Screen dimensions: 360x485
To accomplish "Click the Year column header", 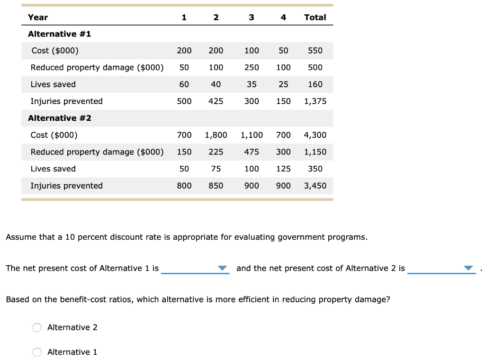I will pos(38,18).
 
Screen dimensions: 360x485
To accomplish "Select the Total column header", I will pos(315,18).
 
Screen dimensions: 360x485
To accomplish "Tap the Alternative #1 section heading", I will pos(60,34).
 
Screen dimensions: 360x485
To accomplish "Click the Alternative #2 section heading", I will pos(60,118).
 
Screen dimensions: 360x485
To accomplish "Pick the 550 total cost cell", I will pos(315,51).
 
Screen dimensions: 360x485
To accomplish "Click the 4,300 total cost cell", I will pos(315,135).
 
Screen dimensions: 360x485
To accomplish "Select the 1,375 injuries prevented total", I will pos(315,101).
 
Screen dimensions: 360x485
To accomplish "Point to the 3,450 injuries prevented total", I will pos(315,186).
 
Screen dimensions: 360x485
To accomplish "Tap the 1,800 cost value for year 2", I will pos(216,135).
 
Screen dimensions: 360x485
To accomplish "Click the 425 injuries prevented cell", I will pos(216,101).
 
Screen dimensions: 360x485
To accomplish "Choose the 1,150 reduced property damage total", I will pos(315,152).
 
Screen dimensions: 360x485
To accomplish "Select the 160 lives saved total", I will pos(315,84).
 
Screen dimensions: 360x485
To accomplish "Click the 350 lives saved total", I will pos(315,169).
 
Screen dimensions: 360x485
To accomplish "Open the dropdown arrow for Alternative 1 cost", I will pos(223,269).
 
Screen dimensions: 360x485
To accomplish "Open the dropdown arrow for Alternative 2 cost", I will pos(468,269).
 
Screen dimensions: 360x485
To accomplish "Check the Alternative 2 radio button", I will pos(37,327).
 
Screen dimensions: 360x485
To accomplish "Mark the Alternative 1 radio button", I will pos(37,352).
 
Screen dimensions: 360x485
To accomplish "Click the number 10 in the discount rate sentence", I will pos(70,237).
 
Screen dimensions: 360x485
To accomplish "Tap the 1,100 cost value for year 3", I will pos(251,135).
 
